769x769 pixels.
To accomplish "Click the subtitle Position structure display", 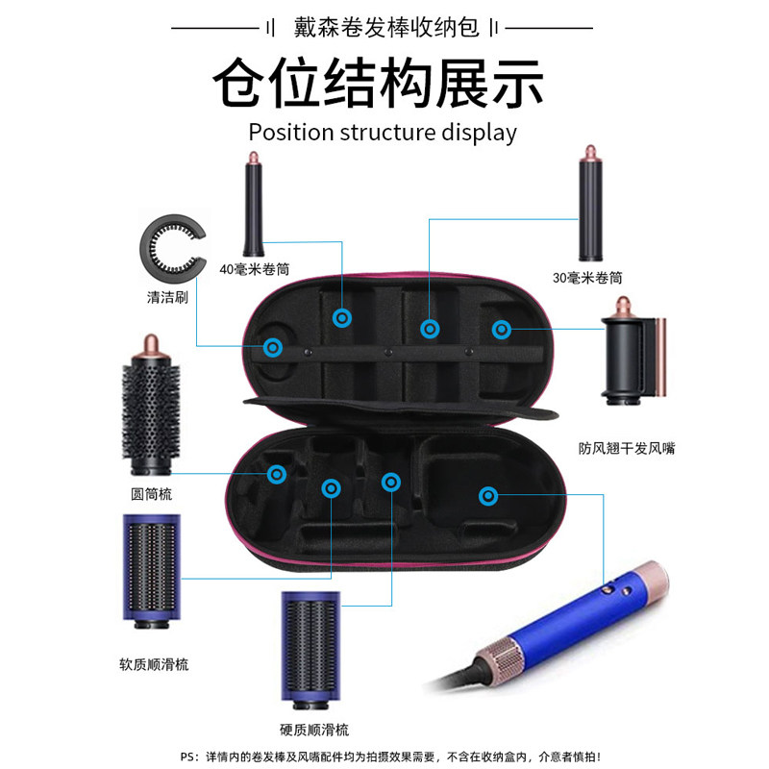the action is pos(383,132).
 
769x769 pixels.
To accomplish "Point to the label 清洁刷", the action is pos(167,297).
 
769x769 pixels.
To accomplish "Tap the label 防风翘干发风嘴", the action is pos(627,448).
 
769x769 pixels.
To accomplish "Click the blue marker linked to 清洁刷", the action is pos(274,347).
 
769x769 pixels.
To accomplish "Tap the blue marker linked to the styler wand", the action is pos(488,496).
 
